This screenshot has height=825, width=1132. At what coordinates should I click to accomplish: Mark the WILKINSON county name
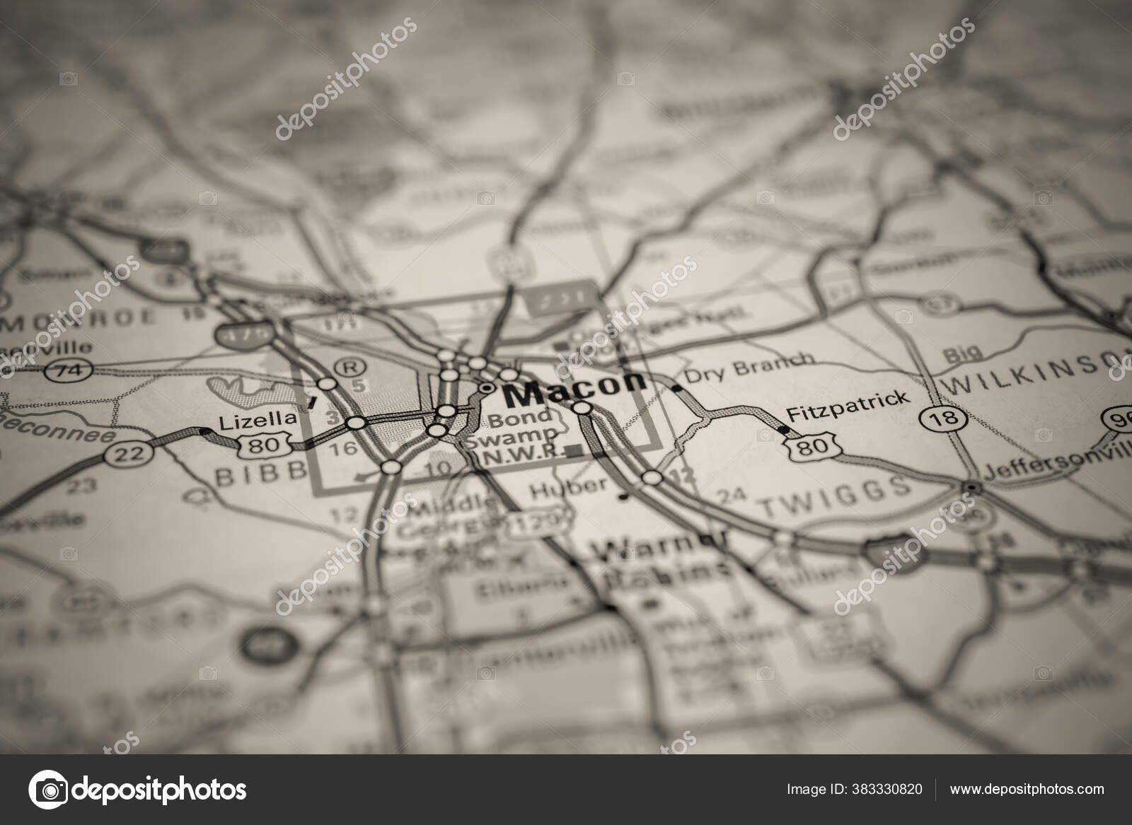1033,379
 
